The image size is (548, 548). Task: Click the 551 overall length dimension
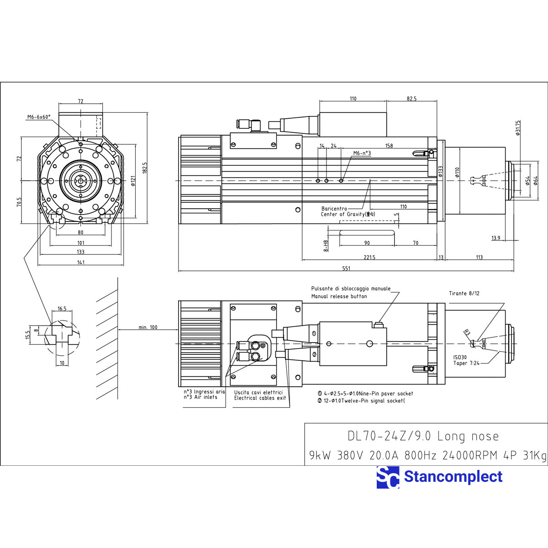[x=346, y=269]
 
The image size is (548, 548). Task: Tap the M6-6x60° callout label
[x=39, y=117]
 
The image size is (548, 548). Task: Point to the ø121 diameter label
[x=133, y=181]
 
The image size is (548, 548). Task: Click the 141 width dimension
[x=80, y=262]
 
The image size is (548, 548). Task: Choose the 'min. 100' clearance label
[x=148, y=327]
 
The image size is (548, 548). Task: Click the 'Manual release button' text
[x=339, y=296]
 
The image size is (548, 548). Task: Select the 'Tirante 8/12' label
[x=464, y=294]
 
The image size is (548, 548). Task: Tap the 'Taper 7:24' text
[x=466, y=364]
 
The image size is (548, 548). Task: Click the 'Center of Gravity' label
[x=342, y=214]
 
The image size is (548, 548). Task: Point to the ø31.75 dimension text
[x=518, y=128]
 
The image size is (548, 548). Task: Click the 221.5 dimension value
[x=369, y=258]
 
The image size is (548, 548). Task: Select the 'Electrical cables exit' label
[x=260, y=398]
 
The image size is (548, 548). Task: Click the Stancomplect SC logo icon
[x=388, y=478]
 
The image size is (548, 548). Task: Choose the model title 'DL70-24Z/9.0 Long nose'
[x=423, y=436]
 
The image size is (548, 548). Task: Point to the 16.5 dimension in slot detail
[x=62, y=309]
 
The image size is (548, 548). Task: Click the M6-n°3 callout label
[x=362, y=153]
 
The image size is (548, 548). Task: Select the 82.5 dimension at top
[x=411, y=99]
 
